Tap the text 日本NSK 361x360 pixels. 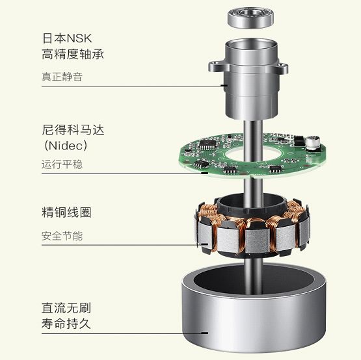67,38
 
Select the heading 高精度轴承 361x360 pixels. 73,55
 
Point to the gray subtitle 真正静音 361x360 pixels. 62,77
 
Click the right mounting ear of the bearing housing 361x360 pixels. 283,68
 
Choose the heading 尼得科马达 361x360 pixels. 73,130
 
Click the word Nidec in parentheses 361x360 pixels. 66,146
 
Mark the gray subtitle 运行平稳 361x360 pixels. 62,164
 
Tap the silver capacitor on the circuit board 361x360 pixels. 313,143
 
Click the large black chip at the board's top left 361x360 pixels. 208,144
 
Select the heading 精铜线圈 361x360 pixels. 66,212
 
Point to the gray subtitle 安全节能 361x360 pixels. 62,236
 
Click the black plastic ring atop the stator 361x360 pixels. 252,203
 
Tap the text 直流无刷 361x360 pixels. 66,308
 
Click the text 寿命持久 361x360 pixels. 66,324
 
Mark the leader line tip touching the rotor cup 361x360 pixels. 207,333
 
